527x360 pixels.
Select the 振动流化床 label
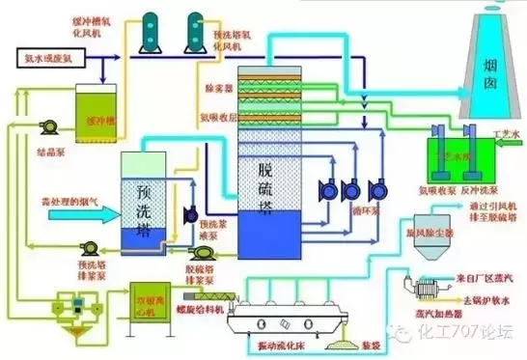click(x=291, y=346)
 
